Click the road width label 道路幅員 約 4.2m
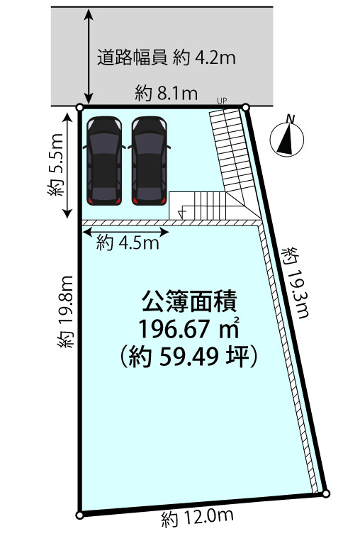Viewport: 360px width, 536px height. point(167,57)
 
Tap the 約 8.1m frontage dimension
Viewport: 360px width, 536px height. point(166,93)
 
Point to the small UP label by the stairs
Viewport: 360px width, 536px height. point(222,101)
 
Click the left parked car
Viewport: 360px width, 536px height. point(104,161)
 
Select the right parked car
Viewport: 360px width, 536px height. point(150,161)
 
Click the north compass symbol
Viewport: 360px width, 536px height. point(287,138)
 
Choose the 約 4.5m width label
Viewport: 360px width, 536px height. point(128,243)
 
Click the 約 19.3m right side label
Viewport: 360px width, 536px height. point(296,282)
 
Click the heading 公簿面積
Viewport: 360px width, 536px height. point(189,301)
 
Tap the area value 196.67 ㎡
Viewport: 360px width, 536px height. point(189,329)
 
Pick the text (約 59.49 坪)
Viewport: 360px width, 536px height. point(189,357)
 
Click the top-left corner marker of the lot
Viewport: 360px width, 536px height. point(79,108)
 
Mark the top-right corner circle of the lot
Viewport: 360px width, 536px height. point(246,108)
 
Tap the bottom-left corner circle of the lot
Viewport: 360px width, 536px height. point(79,515)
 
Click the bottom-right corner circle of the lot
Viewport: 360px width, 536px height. point(326,493)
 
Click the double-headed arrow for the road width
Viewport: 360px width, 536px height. point(89,57)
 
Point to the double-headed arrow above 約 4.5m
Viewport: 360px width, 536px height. point(126,233)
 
